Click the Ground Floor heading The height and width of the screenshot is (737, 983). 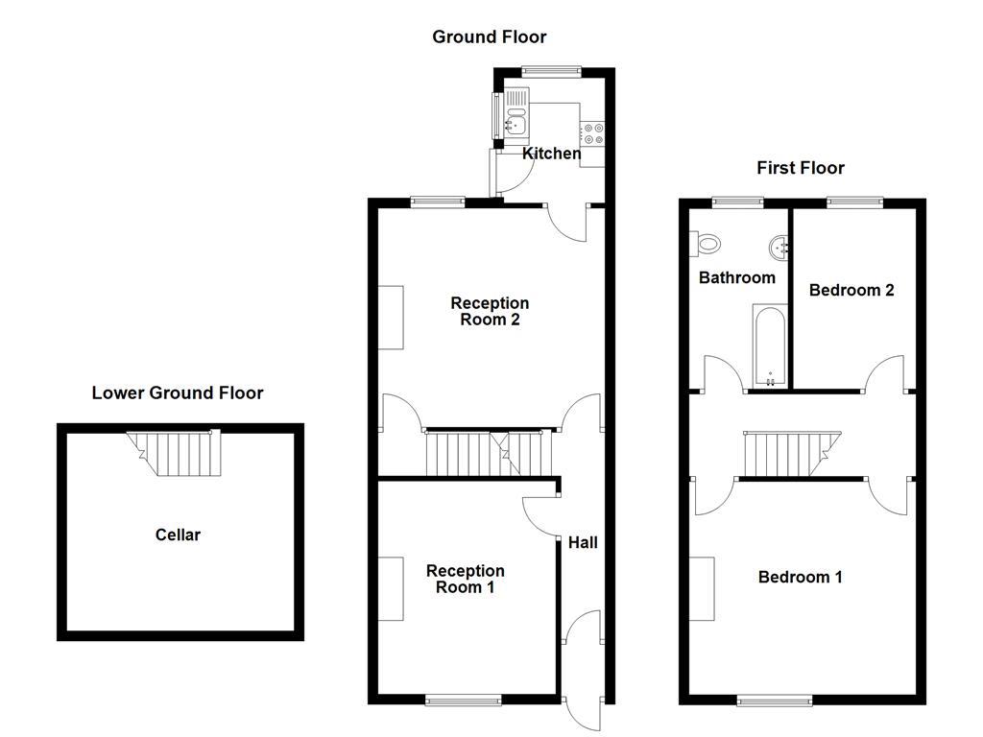(x=489, y=37)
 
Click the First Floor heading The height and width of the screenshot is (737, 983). (x=801, y=168)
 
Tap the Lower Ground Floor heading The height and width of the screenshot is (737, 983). (x=178, y=392)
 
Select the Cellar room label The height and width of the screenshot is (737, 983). (x=178, y=535)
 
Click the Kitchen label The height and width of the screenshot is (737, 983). (x=551, y=154)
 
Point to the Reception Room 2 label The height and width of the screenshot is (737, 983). (x=490, y=312)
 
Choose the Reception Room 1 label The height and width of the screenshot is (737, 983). (x=465, y=579)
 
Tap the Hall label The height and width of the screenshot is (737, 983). (x=583, y=542)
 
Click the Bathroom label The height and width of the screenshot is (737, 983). (x=736, y=277)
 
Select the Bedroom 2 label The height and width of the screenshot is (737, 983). (x=851, y=290)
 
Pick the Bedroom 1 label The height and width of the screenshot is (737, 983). (x=800, y=577)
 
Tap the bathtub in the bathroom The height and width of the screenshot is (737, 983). (x=770, y=345)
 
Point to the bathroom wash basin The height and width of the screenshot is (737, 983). (x=779, y=248)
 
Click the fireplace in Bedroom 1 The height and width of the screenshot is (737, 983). (x=701, y=588)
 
